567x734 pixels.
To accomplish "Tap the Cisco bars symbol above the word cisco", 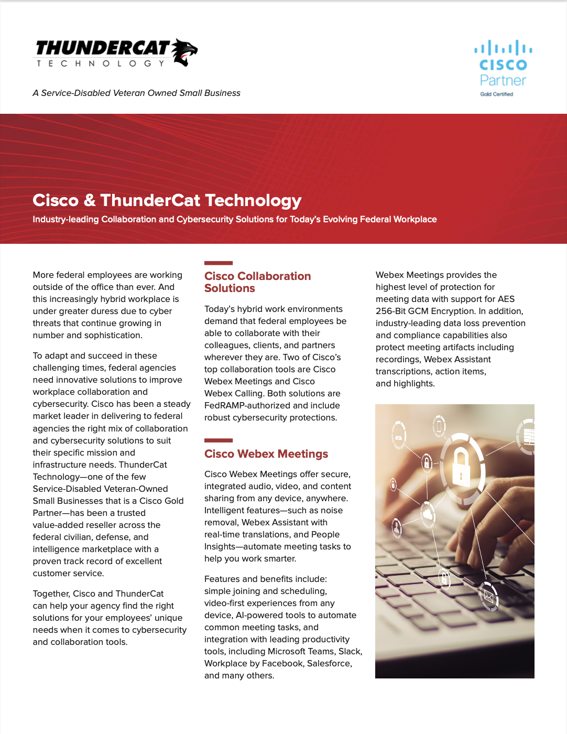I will coord(503,48).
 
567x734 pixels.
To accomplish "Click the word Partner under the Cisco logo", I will coord(503,80).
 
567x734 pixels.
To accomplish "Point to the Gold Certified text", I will coord(497,94).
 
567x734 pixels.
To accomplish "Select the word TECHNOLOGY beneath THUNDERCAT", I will coord(100,63).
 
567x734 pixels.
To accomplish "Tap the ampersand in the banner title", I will coord(90,200).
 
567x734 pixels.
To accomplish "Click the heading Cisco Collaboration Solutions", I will coord(257,282).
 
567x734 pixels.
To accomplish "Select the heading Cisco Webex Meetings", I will coord(266,454).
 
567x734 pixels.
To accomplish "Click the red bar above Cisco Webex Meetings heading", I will coord(219,440).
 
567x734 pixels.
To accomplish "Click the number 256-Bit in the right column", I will coord(391,311).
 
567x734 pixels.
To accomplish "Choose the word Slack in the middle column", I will coord(349,651).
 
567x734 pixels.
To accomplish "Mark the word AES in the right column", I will coord(506,299).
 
